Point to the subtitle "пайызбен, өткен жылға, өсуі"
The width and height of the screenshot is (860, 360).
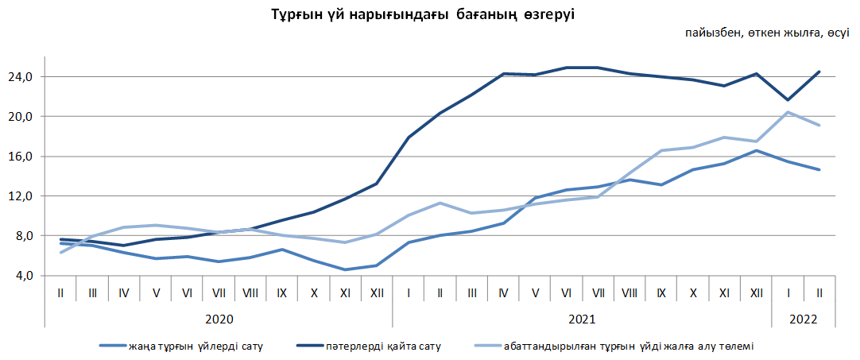tap(767, 33)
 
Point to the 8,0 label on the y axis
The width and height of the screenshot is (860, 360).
tap(24, 236)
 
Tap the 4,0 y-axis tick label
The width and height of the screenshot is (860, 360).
tap(24, 276)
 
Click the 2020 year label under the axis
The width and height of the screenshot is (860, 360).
tap(219, 318)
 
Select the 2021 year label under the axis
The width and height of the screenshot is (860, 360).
tap(582, 318)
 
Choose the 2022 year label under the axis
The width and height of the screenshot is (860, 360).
tap(803, 318)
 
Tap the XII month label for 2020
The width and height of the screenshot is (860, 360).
tap(377, 293)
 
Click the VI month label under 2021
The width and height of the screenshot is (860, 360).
tap(567, 293)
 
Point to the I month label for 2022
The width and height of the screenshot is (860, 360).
tap(788, 293)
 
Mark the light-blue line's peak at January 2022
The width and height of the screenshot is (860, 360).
tap(788, 112)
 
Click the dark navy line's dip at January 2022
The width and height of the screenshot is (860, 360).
tap(788, 100)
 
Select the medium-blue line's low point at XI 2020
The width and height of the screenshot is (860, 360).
tap(345, 269)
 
